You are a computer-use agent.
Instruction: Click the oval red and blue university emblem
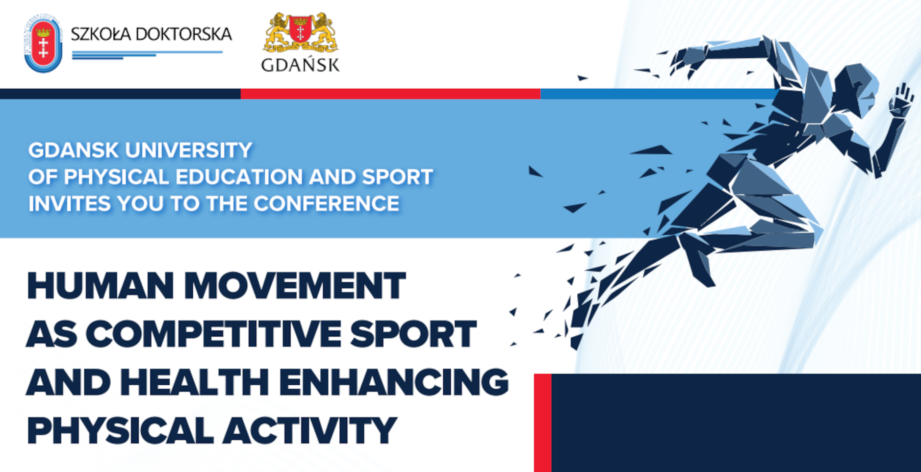pos(43,43)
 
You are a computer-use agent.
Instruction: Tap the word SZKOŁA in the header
pos(101,34)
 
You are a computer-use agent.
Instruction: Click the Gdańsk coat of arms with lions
pos(301,32)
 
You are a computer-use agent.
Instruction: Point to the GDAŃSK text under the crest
pos(301,65)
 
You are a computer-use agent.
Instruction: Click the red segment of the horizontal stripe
pos(390,94)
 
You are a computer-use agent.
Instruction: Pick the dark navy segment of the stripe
pos(120,94)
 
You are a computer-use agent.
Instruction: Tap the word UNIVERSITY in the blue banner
pos(189,150)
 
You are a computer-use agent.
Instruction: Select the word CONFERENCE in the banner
pos(326,203)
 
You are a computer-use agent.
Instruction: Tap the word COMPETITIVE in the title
pos(213,334)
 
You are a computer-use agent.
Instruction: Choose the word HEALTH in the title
pos(195,382)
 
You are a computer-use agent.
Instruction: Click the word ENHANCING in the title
pos(394,382)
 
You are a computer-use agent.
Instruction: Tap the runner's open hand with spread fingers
pos(901,100)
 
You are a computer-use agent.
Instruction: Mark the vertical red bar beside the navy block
pos(543,422)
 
